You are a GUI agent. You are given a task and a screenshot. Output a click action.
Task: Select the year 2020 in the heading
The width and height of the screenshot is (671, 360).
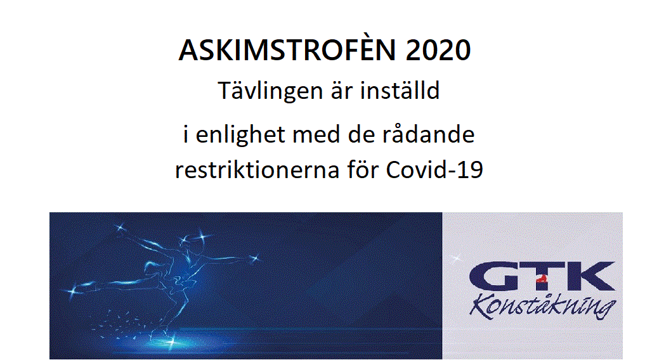438,50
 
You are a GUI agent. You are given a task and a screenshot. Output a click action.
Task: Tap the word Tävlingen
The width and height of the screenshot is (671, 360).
270,91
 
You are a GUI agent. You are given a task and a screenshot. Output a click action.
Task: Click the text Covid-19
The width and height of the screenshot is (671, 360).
435,170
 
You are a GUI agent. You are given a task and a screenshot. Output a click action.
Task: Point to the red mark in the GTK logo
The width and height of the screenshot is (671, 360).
542,280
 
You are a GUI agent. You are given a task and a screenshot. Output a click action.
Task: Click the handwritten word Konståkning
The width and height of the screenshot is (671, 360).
543,306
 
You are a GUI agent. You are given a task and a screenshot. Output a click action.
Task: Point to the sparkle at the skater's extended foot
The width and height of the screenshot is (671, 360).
72,291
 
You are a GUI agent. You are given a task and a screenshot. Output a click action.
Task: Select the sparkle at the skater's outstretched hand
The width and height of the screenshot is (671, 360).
256,258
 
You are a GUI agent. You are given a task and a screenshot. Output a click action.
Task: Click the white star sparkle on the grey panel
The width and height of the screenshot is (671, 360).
456,258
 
